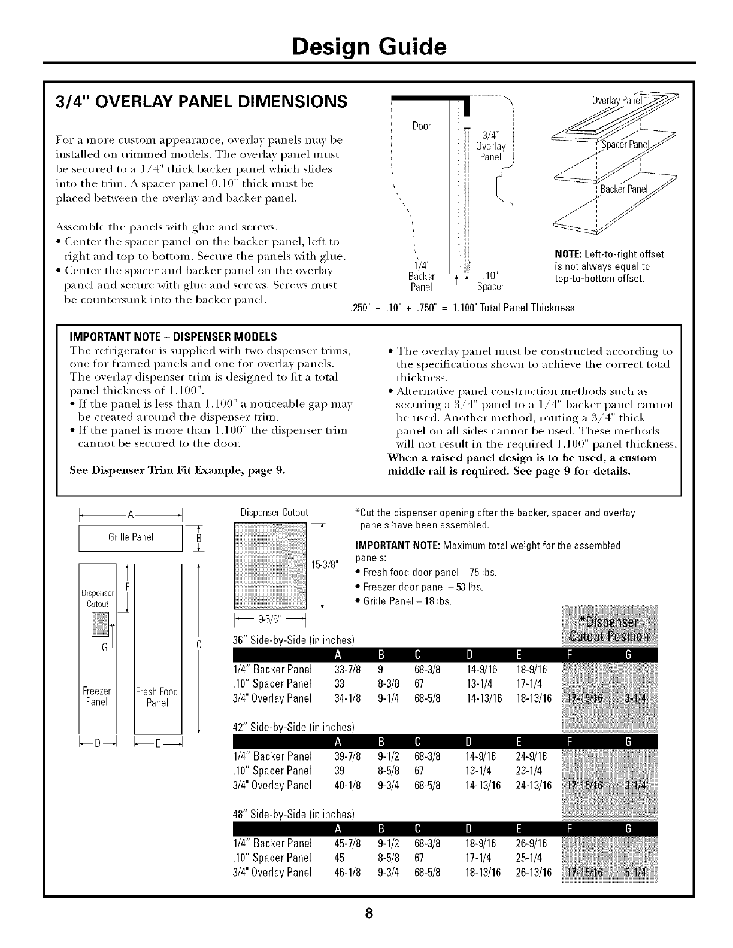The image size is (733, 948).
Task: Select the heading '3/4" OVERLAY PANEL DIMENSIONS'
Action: (193, 101)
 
